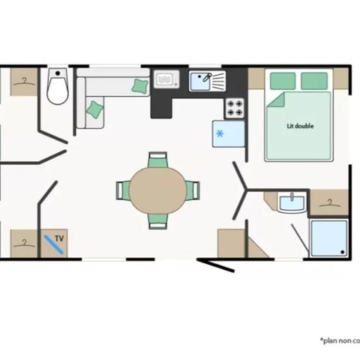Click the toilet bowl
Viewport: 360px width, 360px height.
[58, 90]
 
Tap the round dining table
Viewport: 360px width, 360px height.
[158, 190]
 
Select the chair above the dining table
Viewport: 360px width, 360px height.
[157, 160]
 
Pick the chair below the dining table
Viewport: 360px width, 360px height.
[157, 220]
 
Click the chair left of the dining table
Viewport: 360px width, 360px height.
[122, 190]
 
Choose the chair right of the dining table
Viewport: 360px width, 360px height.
[193, 190]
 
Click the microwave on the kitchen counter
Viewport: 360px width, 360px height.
[165, 79]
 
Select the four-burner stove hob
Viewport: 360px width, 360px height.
[235, 108]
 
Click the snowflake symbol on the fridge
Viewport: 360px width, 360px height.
[220, 133]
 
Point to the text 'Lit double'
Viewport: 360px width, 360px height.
[300, 126]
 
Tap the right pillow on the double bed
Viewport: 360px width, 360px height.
[314, 80]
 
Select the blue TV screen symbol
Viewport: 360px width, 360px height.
[52, 243]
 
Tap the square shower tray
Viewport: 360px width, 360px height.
[329, 238]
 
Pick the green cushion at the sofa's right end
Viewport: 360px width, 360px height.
[139, 86]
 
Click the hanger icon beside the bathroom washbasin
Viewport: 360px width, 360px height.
[329, 201]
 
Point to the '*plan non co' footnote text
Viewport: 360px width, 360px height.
[339, 340]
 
